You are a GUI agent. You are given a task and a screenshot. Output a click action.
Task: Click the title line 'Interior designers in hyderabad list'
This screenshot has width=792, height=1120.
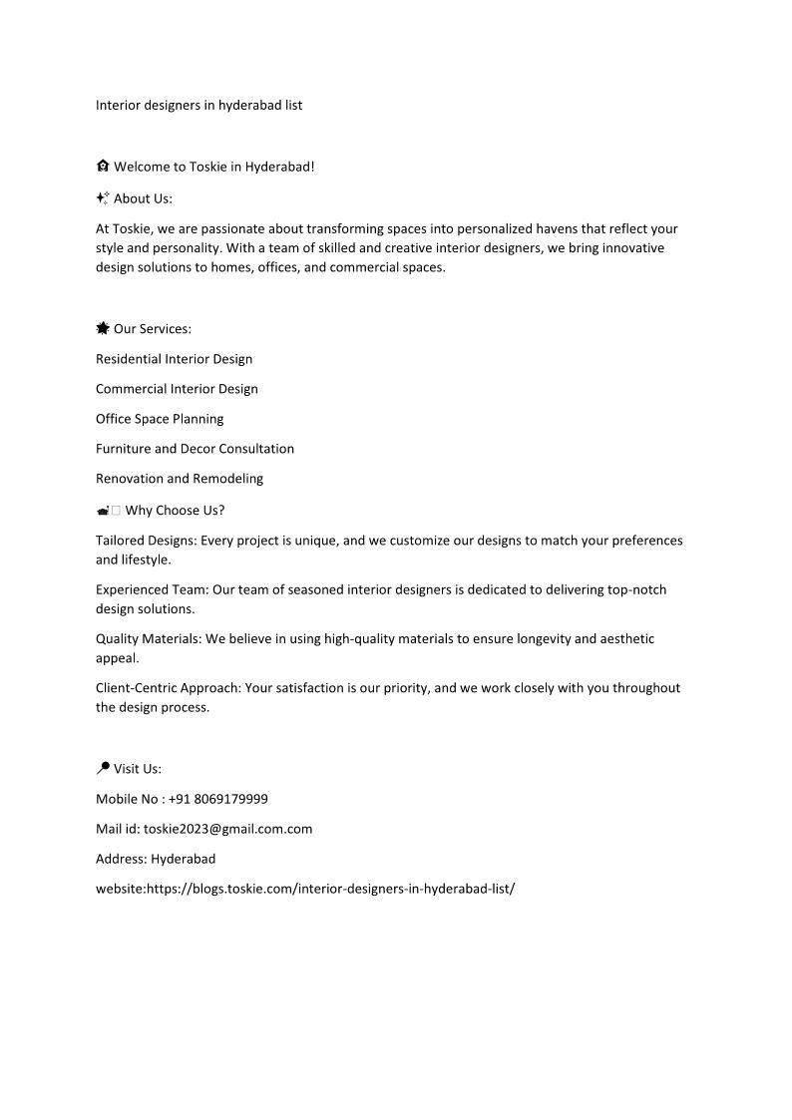[198, 105]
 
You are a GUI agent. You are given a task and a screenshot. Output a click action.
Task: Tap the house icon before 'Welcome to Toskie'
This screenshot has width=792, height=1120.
[103, 167]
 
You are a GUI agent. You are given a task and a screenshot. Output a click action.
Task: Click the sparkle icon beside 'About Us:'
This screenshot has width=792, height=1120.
[103, 198]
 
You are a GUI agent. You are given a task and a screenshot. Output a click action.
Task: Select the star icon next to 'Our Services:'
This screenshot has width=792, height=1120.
[103, 328]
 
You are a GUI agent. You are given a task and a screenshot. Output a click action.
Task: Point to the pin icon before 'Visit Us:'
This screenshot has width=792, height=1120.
[103, 768]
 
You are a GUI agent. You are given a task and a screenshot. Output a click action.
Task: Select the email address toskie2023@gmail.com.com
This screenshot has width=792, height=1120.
[227, 829]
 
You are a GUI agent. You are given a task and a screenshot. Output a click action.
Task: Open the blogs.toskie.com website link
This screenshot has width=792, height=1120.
[330, 888]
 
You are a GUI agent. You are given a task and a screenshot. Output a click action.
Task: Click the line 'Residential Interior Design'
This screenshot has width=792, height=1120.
[174, 359]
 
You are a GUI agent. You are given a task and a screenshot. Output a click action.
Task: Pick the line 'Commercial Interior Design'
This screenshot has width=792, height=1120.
[177, 389]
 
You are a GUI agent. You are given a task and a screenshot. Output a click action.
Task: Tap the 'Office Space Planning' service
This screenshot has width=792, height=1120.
[160, 419]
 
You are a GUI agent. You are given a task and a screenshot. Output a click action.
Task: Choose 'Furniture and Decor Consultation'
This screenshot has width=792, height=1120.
[195, 449]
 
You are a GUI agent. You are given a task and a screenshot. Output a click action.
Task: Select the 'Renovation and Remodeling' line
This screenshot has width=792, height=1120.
[180, 479]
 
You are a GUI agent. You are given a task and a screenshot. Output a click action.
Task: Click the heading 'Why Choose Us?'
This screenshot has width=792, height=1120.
[175, 511]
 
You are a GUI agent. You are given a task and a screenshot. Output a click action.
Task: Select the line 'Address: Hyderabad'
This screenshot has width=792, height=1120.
[156, 859]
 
